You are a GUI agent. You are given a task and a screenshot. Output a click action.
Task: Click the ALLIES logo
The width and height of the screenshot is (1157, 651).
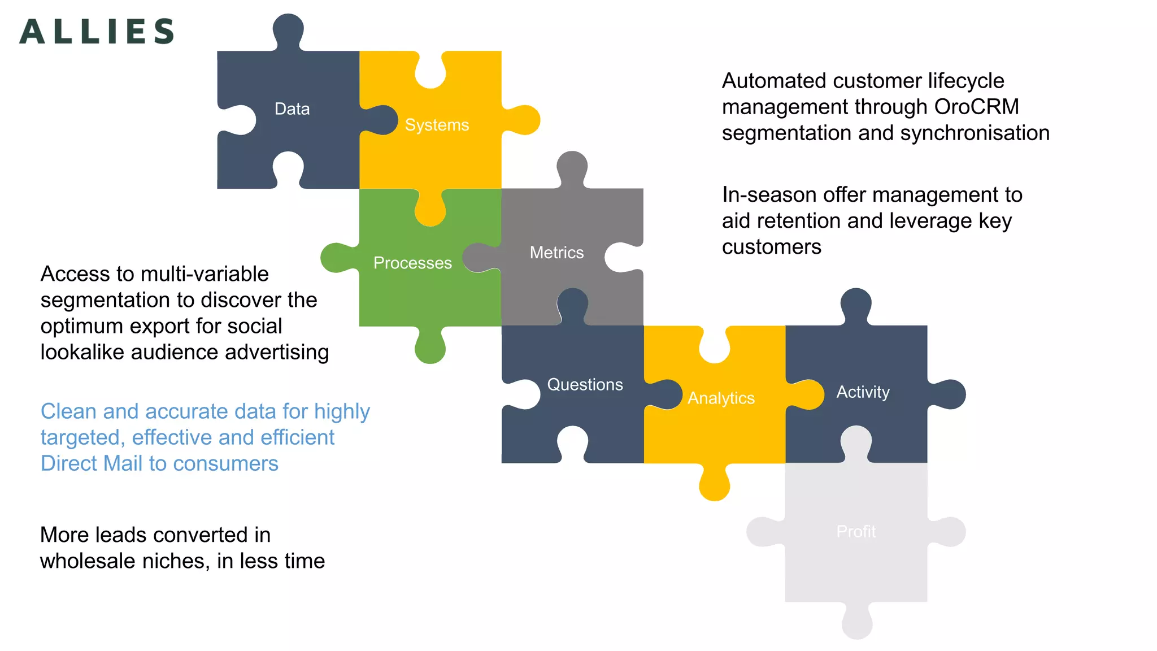97,31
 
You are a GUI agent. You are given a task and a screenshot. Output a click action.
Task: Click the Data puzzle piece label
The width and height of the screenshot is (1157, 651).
292,108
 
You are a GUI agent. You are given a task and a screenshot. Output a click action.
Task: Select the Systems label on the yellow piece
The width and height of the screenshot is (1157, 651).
437,125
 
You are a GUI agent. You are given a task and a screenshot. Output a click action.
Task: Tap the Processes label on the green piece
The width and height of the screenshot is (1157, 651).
412,263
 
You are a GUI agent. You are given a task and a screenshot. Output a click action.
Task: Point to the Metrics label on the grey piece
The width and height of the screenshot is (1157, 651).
556,253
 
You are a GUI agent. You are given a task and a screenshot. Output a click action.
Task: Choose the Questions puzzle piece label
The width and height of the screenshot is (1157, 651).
585,384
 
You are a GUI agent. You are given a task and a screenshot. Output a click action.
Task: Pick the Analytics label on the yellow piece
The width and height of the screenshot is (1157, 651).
721,398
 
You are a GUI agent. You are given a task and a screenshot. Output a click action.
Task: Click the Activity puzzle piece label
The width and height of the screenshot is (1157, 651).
863,392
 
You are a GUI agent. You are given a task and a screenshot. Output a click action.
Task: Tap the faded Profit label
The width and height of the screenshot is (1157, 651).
856,531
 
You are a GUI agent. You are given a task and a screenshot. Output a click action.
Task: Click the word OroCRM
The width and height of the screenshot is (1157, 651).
976,107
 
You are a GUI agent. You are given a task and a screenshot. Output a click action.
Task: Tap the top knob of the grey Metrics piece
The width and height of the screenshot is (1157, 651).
572,166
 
